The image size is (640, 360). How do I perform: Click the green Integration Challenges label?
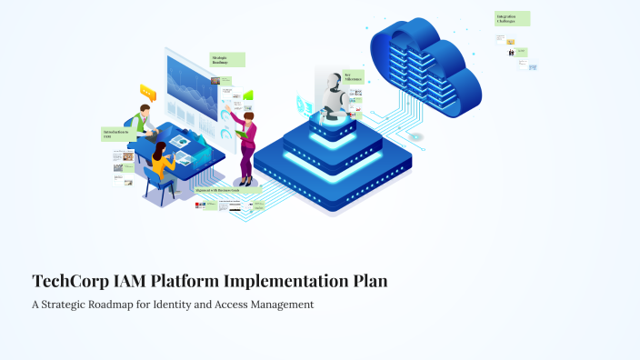coord(512,18)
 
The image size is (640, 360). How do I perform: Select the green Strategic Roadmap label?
coord(227,59)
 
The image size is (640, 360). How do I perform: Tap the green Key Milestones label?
coord(353,77)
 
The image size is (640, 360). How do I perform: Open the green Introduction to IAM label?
coord(117,135)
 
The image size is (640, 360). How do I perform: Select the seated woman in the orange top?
coord(161,164)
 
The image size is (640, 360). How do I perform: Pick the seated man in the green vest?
coord(140,123)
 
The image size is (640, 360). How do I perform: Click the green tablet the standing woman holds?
coord(242,134)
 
